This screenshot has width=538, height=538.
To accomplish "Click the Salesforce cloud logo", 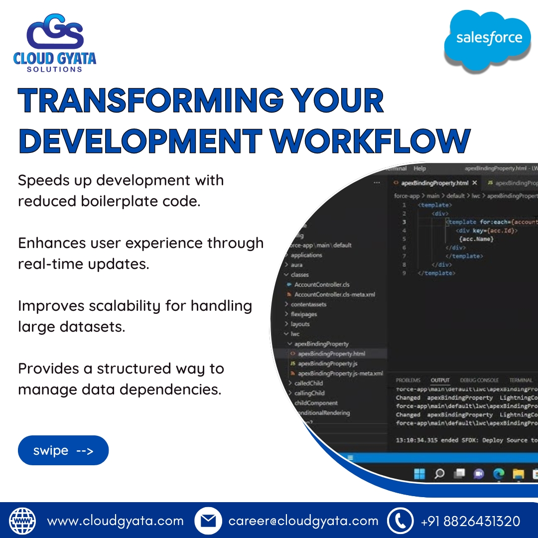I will (488, 39).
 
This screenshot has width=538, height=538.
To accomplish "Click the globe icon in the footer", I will (23, 521).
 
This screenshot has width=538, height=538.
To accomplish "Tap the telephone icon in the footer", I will (400, 521).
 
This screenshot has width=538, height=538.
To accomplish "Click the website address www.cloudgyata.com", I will (115, 521).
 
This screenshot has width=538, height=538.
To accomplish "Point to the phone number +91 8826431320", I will (470, 521).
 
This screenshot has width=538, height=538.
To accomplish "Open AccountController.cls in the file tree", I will (321, 284).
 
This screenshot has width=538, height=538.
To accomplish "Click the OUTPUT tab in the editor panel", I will (440, 380).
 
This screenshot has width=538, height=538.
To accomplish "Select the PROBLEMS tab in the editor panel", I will (408, 380).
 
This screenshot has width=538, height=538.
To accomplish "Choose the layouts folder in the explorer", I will (300, 324).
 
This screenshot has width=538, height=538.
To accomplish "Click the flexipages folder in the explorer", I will (303, 314).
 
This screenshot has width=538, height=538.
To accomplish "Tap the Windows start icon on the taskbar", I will (420, 474).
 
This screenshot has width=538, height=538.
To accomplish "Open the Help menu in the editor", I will (420, 169).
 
